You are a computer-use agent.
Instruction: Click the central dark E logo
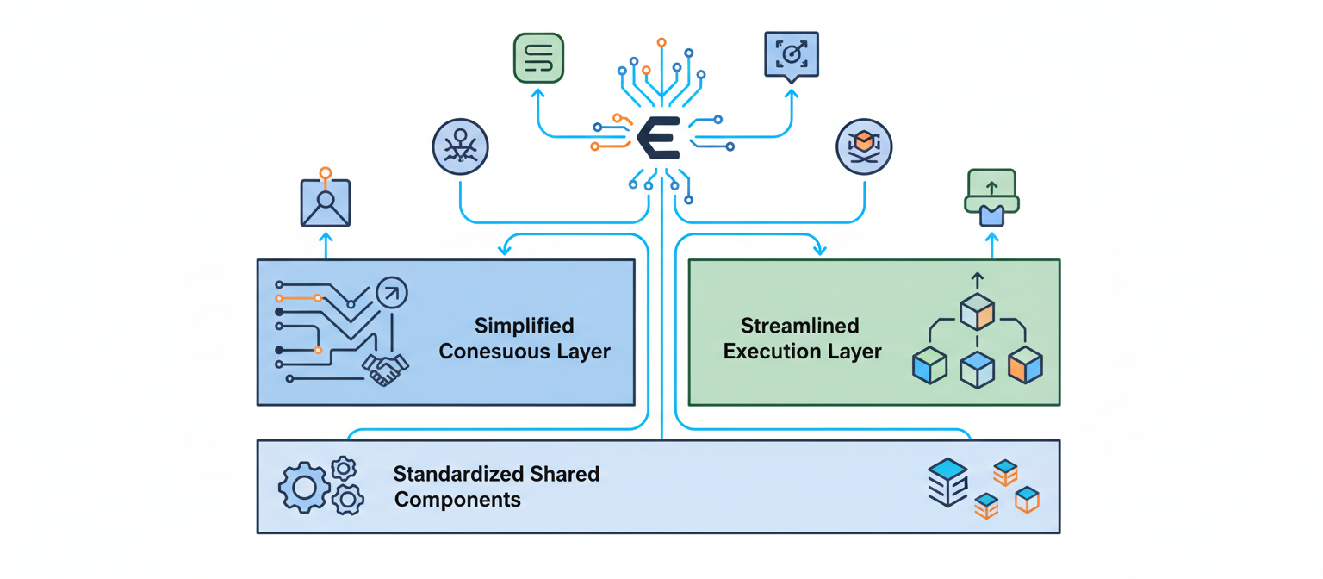click(x=659, y=137)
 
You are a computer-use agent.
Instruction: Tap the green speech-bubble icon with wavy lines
click(x=538, y=58)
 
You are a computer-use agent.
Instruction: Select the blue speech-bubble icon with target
click(x=791, y=56)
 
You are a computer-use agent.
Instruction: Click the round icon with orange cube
click(x=864, y=146)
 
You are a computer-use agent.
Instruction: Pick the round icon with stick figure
click(x=460, y=146)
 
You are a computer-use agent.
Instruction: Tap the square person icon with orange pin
click(x=326, y=202)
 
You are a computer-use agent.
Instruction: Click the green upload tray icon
click(x=991, y=197)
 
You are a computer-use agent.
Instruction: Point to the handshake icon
click(x=385, y=369)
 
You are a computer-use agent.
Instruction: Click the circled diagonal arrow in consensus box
click(x=392, y=294)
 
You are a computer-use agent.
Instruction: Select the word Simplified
click(x=524, y=326)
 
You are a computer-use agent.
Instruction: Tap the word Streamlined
click(x=800, y=326)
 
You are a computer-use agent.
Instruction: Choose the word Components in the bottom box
click(x=457, y=500)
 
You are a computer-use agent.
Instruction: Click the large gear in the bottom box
click(x=304, y=489)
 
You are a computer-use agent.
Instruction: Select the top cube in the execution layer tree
click(x=978, y=312)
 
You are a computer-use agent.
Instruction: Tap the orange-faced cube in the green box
click(x=1025, y=365)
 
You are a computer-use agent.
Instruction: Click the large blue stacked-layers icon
click(x=948, y=482)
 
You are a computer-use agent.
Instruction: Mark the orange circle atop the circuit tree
click(x=661, y=41)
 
